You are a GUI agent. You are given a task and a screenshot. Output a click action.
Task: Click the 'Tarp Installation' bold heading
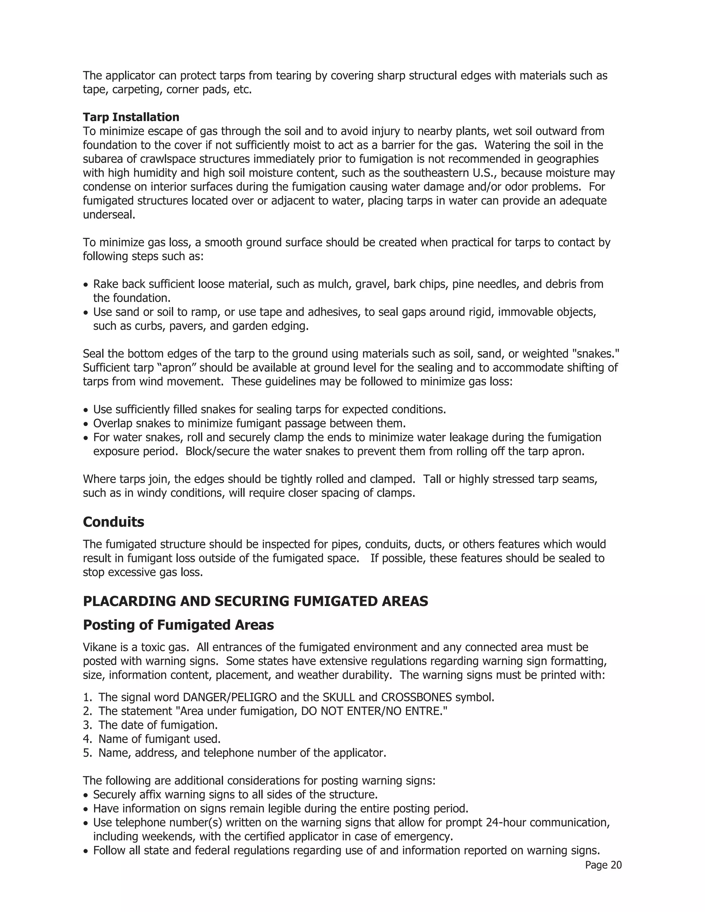tap(131, 117)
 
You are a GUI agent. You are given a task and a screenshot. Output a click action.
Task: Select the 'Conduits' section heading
tap(113, 522)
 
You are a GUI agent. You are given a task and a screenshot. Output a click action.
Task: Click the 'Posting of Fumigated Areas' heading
tap(178, 625)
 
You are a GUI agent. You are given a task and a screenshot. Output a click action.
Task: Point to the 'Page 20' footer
tap(603, 865)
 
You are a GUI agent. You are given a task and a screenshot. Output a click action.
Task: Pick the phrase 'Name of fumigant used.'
tap(159, 739)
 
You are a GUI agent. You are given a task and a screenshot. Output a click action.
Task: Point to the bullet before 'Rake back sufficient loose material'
tap(86, 285)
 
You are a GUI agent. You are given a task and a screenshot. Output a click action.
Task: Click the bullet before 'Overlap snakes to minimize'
tap(86, 424)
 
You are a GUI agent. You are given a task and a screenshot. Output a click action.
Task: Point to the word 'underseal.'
tap(109, 215)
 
